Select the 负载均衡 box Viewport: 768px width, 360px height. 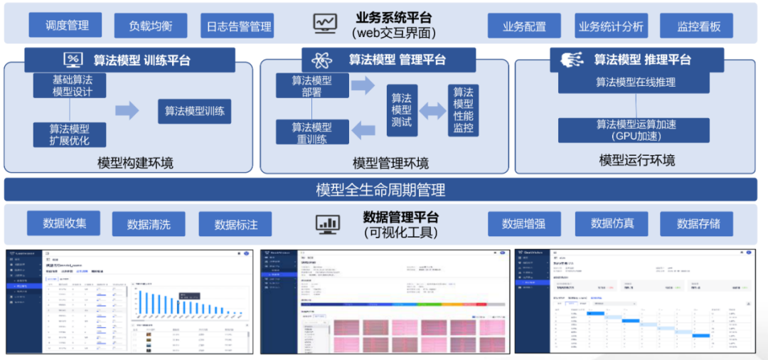coord(150,26)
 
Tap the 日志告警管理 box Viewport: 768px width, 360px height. coord(237,26)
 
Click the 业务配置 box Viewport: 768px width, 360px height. coord(524,26)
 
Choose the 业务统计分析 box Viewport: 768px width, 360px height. coord(611,26)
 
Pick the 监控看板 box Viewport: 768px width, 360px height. coord(698,26)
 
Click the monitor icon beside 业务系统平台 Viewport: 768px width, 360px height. coord(325,23)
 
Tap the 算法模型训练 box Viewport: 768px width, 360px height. coord(194,111)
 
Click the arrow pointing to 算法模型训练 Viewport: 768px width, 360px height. coord(127,110)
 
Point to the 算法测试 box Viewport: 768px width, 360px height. coord(401,110)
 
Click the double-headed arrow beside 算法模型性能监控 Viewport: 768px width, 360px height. coord(430,110)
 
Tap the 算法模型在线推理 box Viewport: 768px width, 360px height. coord(635,82)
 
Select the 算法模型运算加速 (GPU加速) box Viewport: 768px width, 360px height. coord(635,130)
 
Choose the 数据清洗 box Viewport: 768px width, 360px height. coord(149,224)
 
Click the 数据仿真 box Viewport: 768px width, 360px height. coord(612,223)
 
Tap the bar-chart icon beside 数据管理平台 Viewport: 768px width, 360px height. coord(328,223)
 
